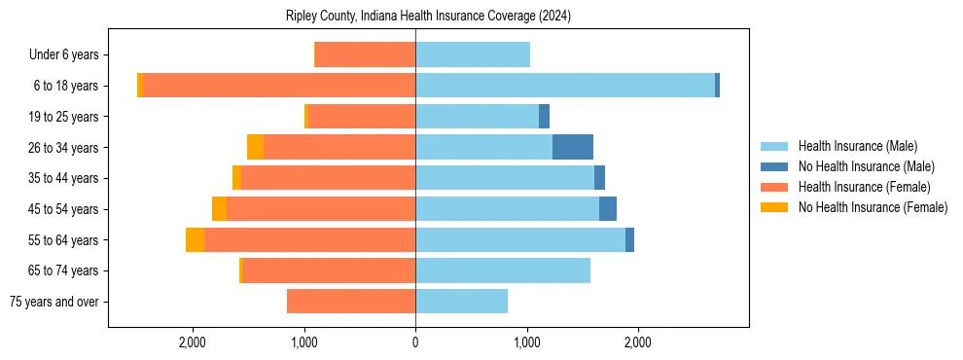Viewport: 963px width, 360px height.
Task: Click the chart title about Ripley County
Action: point(428,17)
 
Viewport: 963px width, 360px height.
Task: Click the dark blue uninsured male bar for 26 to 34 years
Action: point(572,147)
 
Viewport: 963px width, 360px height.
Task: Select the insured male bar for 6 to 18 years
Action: point(564,86)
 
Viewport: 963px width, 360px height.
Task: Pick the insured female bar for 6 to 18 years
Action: point(278,86)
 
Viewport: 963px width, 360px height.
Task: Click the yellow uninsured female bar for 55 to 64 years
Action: point(195,239)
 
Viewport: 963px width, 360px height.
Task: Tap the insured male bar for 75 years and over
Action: point(461,302)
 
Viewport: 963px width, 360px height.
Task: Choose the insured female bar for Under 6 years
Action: point(365,54)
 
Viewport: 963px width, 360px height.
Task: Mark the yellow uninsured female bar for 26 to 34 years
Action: point(255,147)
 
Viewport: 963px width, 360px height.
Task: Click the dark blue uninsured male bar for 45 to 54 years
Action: point(607,209)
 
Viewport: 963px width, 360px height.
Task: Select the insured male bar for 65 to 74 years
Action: point(502,270)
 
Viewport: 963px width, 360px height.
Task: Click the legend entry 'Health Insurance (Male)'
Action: point(857,146)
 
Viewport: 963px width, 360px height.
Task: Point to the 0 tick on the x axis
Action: point(415,342)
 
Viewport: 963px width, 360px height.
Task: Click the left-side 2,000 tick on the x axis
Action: point(193,342)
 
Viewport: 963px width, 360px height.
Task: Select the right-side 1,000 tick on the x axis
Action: point(526,342)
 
